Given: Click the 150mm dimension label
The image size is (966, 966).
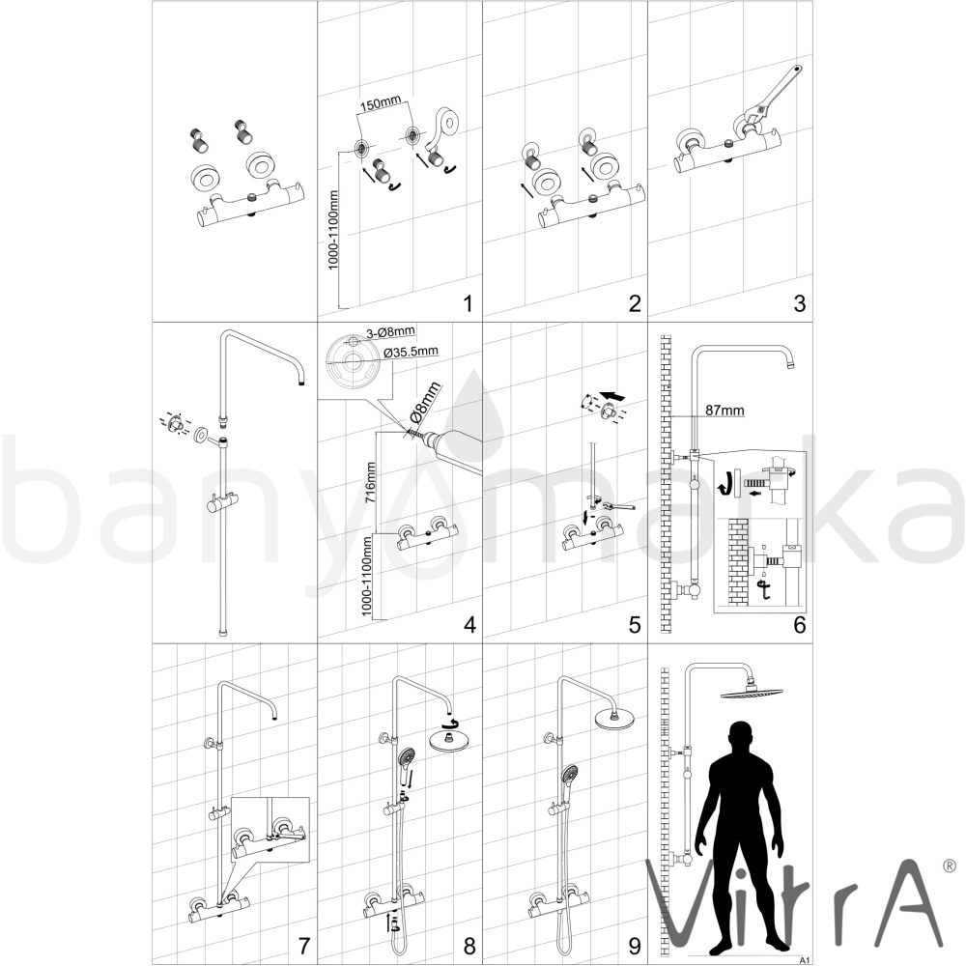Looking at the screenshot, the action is pos(381,102).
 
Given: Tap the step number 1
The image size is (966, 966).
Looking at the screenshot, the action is pos(468,303).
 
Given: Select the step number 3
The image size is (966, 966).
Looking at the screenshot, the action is pos(799,303).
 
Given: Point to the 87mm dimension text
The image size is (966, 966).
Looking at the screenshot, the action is pos(725,410).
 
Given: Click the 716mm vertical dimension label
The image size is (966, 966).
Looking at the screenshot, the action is pos(370,484).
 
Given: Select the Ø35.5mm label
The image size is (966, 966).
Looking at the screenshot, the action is pos(411,352).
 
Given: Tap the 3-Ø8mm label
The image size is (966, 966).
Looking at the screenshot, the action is pos(390,332).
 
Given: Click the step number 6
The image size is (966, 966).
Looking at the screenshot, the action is pos(799,625).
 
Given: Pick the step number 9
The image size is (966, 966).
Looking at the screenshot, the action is pos(635,946).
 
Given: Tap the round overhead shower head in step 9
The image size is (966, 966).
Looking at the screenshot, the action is pos(613,720).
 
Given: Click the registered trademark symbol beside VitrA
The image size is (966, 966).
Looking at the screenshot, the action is pos(951,866).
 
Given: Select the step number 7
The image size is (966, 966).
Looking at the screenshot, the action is pos(303,946).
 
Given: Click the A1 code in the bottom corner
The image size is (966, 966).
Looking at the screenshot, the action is pos(804,960).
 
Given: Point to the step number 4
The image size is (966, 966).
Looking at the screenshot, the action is pos(469,625).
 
